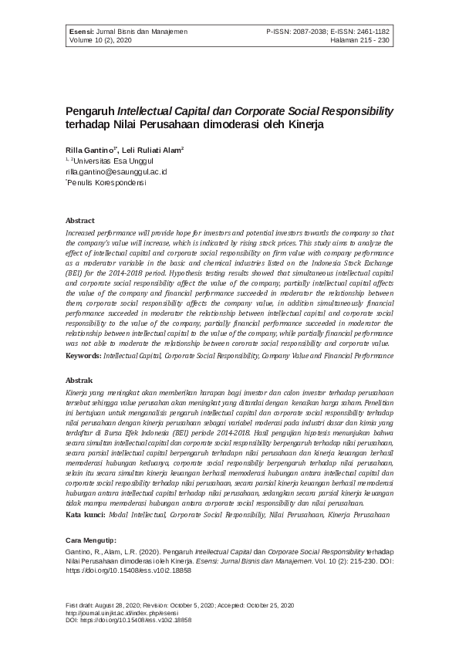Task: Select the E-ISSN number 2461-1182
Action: [x=371, y=31]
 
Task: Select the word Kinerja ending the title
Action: [x=302, y=124]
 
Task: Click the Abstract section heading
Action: [x=80, y=220]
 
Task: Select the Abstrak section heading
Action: [x=79, y=381]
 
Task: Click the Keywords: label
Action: [x=84, y=356]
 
